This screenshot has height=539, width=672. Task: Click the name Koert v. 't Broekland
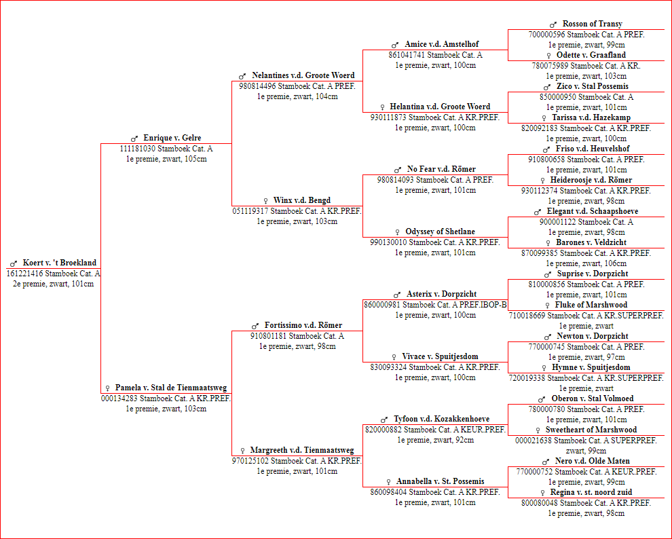60,263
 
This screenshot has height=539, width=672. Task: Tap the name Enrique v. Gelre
172,138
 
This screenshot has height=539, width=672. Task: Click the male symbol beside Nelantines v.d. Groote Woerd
242,76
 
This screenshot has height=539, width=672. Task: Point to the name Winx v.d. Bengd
302,200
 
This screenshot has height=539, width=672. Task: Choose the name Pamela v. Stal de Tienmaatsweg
171,388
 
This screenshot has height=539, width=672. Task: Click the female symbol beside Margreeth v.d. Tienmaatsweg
242,451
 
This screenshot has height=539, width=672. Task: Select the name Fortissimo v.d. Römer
303,325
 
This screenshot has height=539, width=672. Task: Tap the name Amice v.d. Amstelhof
442,44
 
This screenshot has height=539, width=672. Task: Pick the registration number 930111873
388,117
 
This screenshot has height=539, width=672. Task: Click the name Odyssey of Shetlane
440,231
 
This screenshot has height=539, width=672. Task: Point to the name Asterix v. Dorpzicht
441,294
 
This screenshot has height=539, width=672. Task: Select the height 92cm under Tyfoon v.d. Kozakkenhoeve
464,440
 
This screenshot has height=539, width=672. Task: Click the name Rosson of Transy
593,24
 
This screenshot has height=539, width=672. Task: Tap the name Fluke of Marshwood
591,305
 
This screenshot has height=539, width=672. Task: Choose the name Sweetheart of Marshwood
591,430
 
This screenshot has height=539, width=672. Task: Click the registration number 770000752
534,472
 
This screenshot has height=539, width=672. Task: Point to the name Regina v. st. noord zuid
591,492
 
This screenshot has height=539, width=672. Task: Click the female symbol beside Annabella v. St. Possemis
389,482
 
